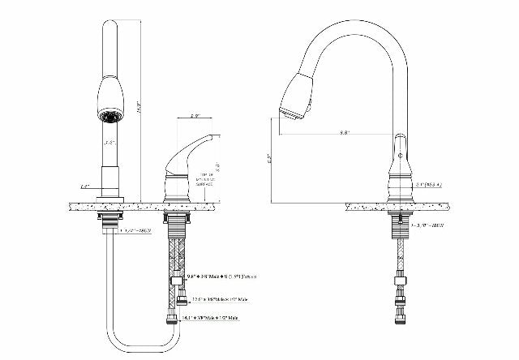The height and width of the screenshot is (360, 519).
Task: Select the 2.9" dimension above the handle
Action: coord(195,116)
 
